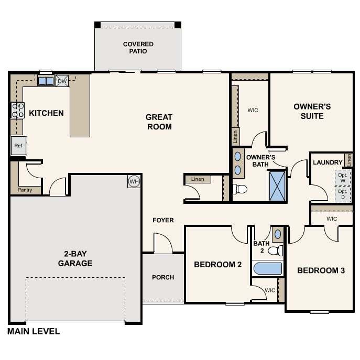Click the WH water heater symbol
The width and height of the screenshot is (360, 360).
(134, 182)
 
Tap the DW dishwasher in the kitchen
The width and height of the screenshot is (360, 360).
(62, 81)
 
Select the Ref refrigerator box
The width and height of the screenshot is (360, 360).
(18, 146)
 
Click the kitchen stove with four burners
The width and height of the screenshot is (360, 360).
(18, 111)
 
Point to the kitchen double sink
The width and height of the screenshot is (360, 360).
(46, 81)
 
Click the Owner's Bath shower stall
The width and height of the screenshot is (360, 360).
(277, 186)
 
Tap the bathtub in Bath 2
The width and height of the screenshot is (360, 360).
(268, 268)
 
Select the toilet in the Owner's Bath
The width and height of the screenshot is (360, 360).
(240, 189)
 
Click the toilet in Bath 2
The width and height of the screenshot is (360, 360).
(276, 250)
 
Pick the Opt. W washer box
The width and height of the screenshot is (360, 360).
(343, 178)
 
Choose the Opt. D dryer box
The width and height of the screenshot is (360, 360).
(343, 194)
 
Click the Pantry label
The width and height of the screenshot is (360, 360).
(25, 190)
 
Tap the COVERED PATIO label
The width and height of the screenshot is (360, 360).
(138, 48)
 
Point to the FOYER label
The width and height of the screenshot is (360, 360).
(163, 220)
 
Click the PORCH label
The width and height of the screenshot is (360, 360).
(163, 277)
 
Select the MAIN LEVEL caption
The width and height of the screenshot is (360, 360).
(34, 331)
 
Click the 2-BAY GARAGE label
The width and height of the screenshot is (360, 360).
(75, 258)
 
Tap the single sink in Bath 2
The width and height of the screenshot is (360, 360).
(278, 234)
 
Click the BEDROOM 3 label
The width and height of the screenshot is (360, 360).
(321, 270)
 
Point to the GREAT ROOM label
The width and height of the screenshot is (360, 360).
(159, 122)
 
